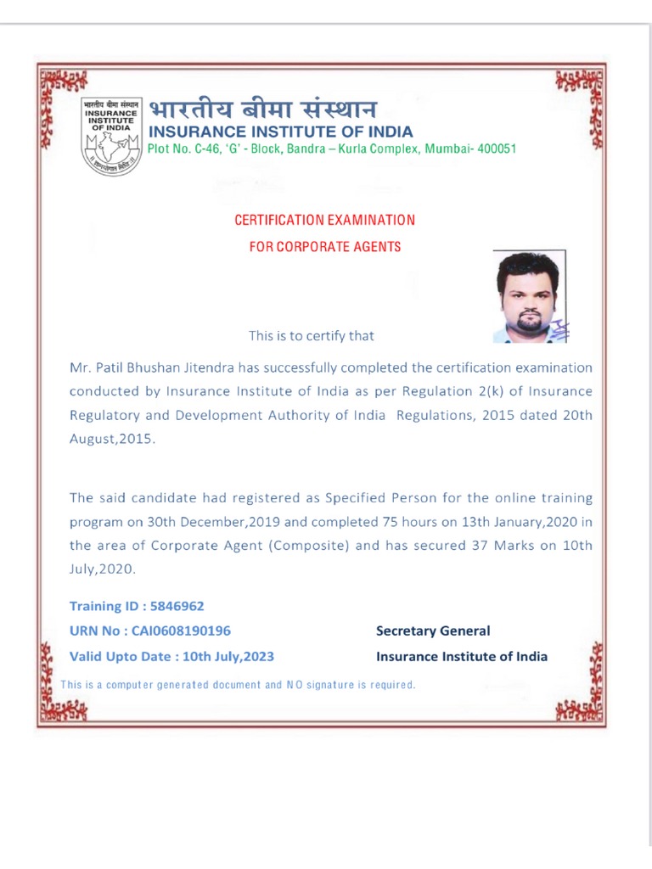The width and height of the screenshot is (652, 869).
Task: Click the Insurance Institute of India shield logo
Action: [112, 135]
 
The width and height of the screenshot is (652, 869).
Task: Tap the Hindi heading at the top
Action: [263, 109]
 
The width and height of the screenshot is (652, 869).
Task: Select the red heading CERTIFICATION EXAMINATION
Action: [325, 220]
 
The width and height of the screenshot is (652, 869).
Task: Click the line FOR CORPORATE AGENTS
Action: [325, 247]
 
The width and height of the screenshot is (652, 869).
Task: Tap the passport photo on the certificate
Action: [530, 296]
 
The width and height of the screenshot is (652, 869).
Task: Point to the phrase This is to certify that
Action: [311, 335]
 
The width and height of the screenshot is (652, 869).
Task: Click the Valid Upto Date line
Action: [171, 656]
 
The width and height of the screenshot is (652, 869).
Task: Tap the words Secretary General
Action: [433, 631]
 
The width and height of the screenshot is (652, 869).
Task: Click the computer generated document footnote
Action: [239, 684]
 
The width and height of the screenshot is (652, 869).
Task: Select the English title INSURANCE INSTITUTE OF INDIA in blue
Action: [281, 132]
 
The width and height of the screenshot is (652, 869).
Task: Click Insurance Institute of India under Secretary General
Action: [462, 656]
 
